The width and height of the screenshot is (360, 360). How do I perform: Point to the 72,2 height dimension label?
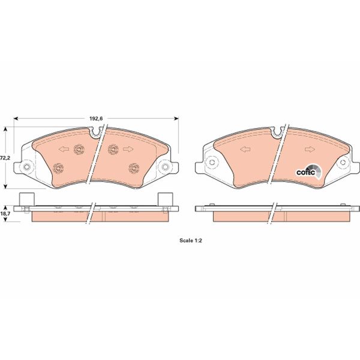coord(4,157)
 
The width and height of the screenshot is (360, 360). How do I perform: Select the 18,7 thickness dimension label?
coord(4,214)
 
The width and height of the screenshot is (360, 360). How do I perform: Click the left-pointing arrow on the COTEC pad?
coord(244,149)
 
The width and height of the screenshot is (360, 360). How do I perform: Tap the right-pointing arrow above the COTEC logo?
coord(309,149)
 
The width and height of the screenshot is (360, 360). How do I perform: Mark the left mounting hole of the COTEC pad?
coord(210,163)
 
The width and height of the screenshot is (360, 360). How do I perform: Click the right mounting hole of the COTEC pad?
coord(343,163)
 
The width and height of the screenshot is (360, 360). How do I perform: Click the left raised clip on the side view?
coord(25,199)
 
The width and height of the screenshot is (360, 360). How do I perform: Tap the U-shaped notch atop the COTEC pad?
coord(277,129)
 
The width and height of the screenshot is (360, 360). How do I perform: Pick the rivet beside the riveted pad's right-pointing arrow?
coord(112,150)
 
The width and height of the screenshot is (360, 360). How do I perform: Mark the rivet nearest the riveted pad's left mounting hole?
coord(58,167)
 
